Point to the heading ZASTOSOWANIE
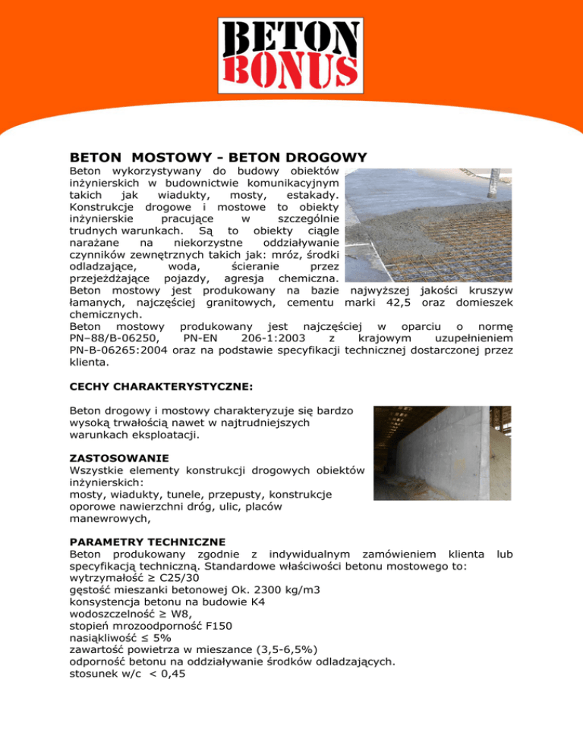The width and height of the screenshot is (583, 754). pos(115,459)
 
